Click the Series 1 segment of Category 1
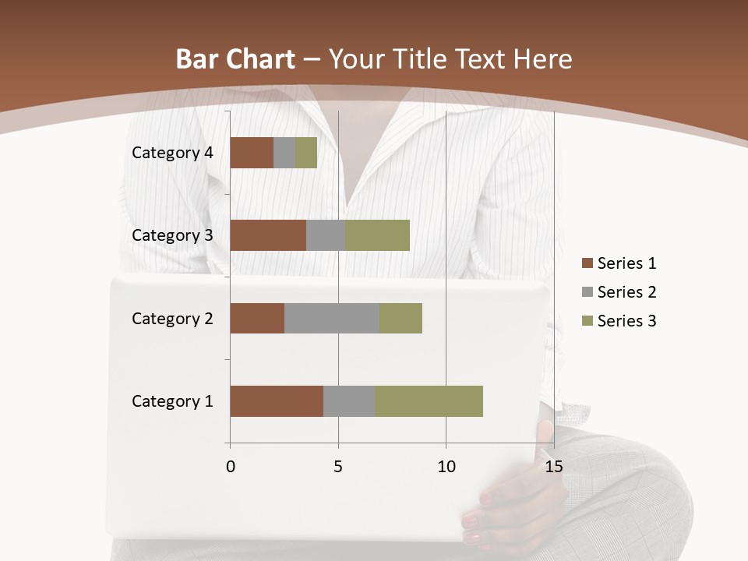277,401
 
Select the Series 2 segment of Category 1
349,401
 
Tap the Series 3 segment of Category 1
429,401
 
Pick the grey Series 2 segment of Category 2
332,318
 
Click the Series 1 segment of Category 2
257,318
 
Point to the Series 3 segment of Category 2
400,318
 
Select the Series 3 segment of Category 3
377,235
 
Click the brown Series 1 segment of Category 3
268,235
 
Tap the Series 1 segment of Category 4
252,153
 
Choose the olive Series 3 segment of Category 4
306,153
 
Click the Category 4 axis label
172,153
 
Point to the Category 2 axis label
172,318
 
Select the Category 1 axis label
172,401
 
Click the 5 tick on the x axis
338,467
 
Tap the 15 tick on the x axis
553,467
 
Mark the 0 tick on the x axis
231,467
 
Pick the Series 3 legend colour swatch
587,321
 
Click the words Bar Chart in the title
235,59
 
